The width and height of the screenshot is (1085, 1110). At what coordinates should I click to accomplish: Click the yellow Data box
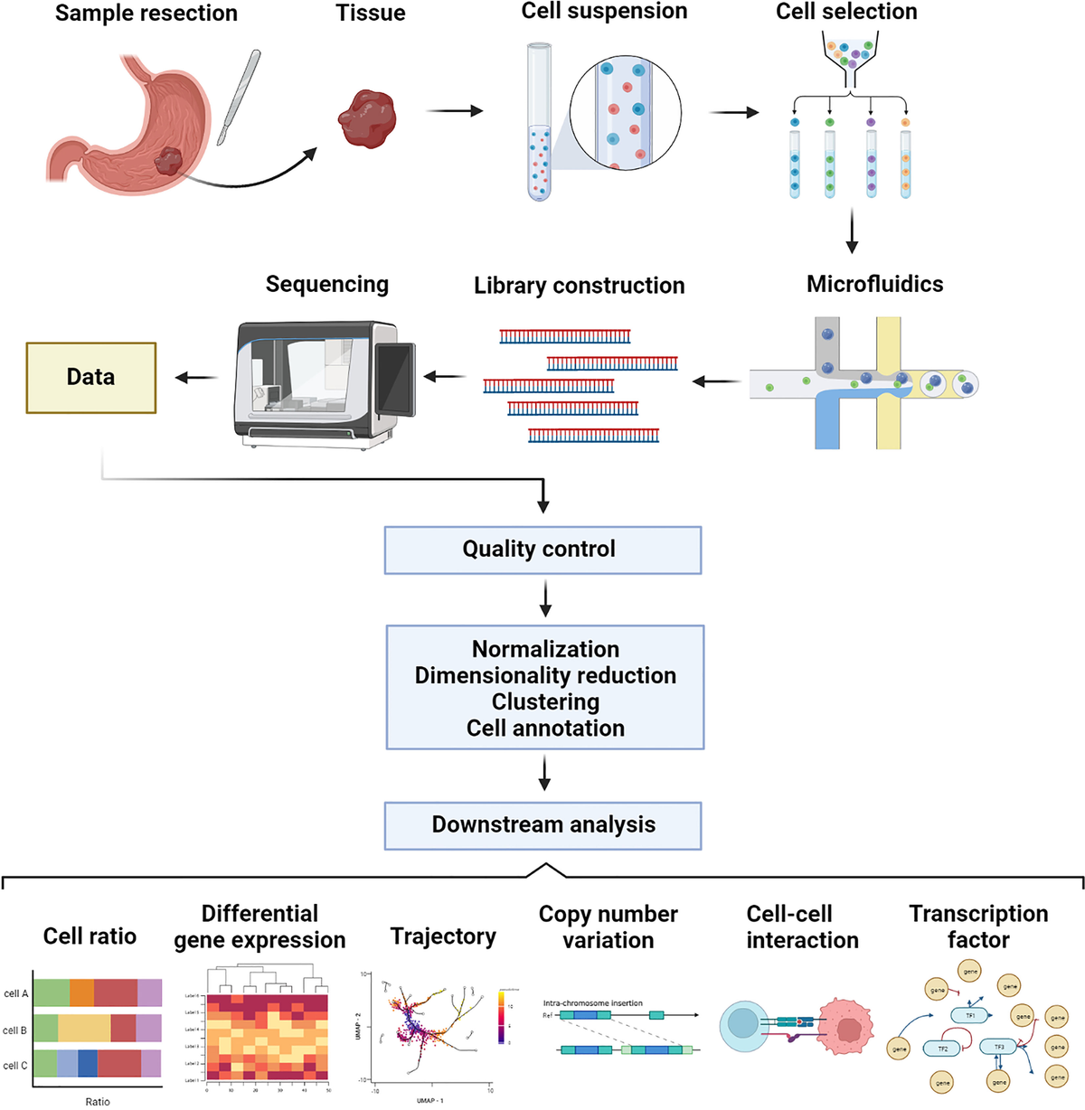(90, 378)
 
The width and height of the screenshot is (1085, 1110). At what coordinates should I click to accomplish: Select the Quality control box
(542, 550)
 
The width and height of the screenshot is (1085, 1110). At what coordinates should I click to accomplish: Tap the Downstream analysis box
(542, 825)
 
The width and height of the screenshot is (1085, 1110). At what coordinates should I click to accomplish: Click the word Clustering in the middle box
(545, 702)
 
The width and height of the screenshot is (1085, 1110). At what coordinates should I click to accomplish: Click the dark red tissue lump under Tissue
(367, 118)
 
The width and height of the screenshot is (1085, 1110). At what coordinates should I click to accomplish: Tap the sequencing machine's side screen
(394, 379)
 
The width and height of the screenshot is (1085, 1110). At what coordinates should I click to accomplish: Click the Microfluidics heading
(874, 284)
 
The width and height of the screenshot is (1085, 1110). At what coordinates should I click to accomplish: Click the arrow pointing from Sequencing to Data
(195, 378)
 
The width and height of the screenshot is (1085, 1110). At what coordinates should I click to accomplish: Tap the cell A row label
(15, 993)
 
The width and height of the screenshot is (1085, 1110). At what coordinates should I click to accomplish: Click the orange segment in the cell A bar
(81, 992)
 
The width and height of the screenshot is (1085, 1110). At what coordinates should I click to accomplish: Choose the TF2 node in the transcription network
(942, 1049)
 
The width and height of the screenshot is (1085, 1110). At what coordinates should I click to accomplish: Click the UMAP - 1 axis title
(429, 1100)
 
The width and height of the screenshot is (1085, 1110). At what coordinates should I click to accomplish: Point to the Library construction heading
(579, 286)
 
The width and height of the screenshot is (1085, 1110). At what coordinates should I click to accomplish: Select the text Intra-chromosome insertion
(592, 1002)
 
